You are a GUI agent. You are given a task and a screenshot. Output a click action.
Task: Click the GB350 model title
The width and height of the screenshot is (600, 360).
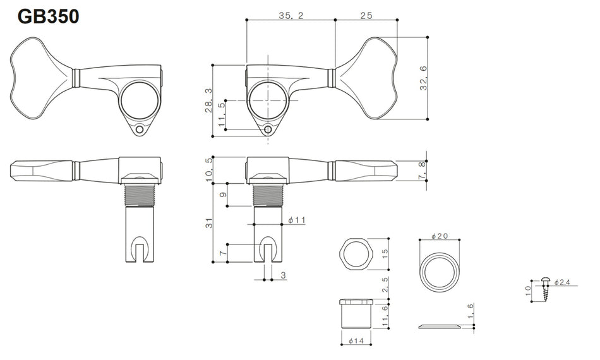(49, 16)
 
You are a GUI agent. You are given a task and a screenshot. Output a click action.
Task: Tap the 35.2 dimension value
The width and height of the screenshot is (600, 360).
(291, 15)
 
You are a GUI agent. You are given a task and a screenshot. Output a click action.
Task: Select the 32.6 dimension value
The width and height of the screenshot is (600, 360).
(423, 78)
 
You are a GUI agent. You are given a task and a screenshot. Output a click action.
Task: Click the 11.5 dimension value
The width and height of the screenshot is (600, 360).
(222, 115)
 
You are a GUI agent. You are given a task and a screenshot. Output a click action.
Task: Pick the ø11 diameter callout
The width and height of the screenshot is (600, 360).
(297, 220)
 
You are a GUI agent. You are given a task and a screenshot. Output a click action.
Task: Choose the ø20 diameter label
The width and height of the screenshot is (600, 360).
(440, 236)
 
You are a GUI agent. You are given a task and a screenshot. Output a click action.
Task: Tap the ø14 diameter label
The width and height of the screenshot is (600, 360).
(356, 341)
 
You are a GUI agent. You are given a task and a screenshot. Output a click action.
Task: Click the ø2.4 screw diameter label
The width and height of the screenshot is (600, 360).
(562, 282)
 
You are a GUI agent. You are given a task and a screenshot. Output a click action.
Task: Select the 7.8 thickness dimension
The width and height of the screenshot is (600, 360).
(421, 171)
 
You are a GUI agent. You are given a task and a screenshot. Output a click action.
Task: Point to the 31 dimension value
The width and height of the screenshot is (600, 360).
(208, 223)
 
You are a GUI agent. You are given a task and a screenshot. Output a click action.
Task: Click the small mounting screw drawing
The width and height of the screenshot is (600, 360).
(546, 289)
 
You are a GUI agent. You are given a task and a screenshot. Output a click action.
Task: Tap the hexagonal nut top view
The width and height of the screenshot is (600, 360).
(356, 254)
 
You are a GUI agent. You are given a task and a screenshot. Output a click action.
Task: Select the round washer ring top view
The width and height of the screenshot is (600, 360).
(440, 271)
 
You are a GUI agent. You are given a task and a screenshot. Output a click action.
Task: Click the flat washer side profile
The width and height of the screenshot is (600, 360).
(440, 326)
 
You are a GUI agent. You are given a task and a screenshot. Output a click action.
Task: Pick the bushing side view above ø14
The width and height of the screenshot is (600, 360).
(356, 313)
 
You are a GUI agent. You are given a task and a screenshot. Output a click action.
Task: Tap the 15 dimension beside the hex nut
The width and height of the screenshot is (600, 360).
(385, 254)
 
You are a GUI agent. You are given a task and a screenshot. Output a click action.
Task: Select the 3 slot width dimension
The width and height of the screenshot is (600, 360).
(283, 275)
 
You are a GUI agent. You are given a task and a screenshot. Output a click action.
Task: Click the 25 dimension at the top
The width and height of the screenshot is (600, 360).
(366, 15)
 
